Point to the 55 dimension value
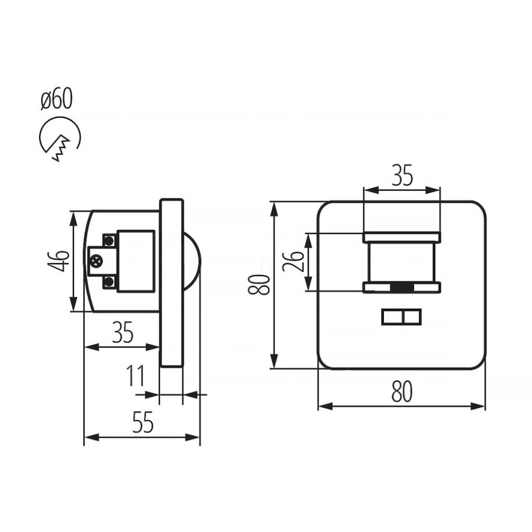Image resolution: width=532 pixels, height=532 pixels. (x=143, y=422)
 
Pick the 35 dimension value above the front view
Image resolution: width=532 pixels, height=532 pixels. (x=402, y=175)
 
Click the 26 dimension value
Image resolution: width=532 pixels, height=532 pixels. (x=293, y=261)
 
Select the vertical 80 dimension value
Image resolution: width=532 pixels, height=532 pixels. (x=259, y=284)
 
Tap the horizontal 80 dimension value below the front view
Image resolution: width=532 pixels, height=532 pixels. (x=402, y=391)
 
